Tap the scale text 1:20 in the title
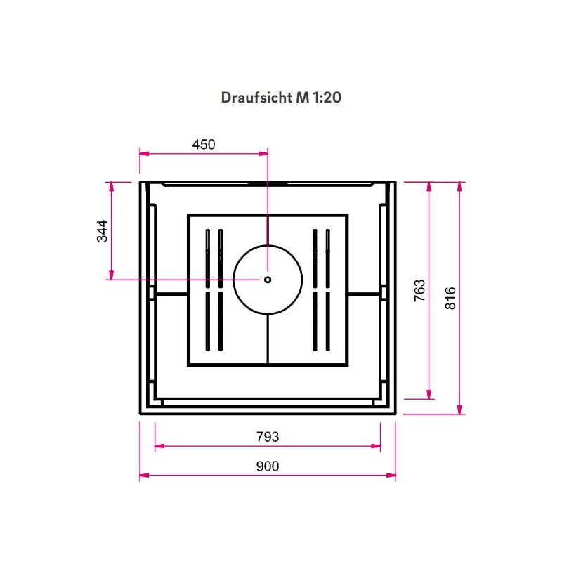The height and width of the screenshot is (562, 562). coord(327,98)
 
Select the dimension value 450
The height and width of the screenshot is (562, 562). coord(203,145)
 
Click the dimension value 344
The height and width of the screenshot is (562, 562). coord(103,230)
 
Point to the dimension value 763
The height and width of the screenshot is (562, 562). coord(419,290)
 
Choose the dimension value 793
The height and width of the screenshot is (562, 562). coord(267,437)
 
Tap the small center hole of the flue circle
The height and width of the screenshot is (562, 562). coord(268,279)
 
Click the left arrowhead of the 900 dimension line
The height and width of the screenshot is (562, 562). coord(143,476)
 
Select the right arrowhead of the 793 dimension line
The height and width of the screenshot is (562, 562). coord(378,445)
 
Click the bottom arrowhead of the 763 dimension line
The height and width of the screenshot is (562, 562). coord(429,396)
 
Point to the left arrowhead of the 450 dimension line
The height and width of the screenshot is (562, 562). coord(143,152)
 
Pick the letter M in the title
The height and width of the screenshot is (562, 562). coord(302,98)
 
